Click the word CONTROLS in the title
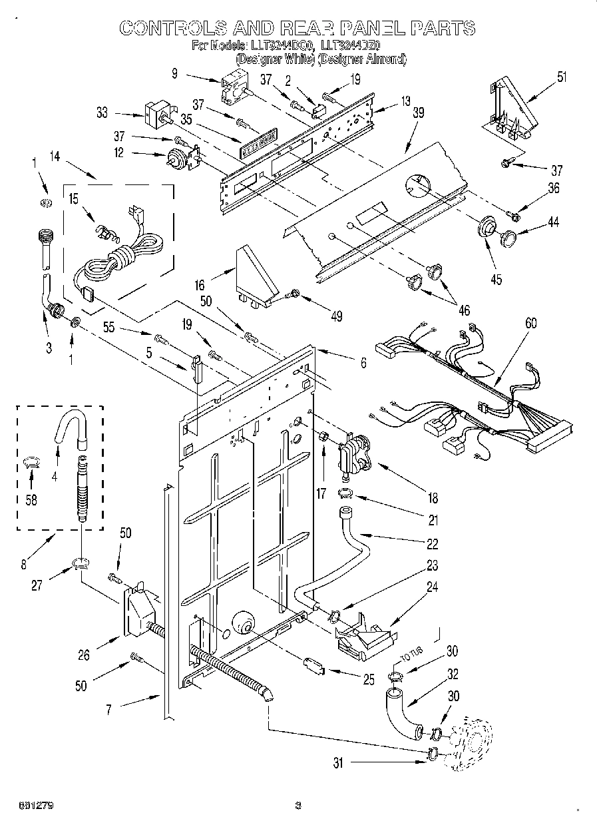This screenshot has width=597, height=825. click(x=170, y=28)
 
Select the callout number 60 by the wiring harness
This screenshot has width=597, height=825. click(x=530, y=323)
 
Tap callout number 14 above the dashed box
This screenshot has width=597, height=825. click(x=55, y=157)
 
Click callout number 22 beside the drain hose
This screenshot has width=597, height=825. click(x=432, y=544)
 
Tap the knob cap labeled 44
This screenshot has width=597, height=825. click(x=510, y=238)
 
